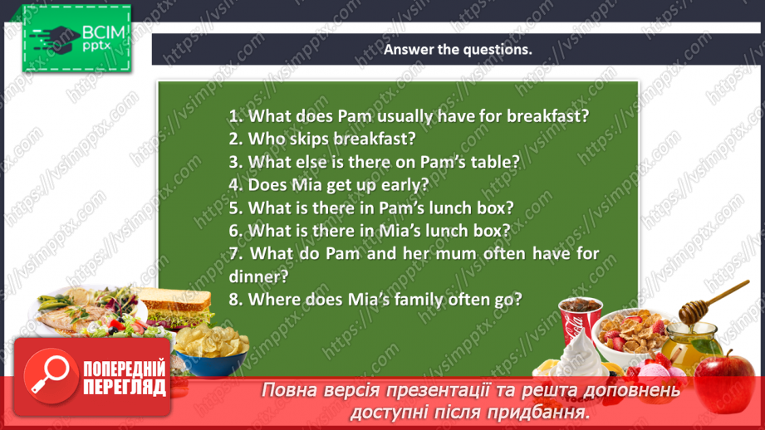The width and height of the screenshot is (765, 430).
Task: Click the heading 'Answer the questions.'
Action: pyautogui.click(x=457, y=49)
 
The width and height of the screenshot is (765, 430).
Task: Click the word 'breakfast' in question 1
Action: pyautogui.click(x=547, y=116)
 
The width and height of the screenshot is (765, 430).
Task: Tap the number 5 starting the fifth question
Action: pyautogui.click(x=233, y=208)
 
